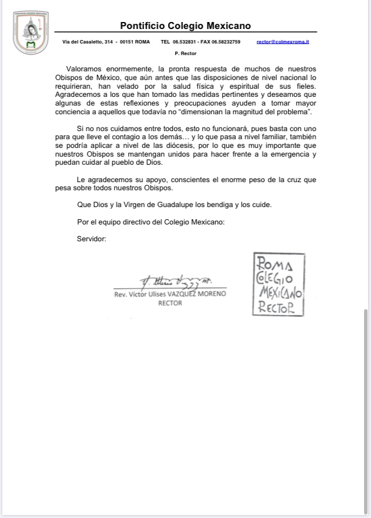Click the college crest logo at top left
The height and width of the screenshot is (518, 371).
tap(31, 32)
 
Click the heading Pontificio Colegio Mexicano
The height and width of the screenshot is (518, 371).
tap(185, 26)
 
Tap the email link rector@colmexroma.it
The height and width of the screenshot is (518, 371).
tap(282, 42)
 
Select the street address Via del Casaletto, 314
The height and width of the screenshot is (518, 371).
tap(87, 42)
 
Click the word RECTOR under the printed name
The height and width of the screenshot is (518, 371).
tap(170, 303)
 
